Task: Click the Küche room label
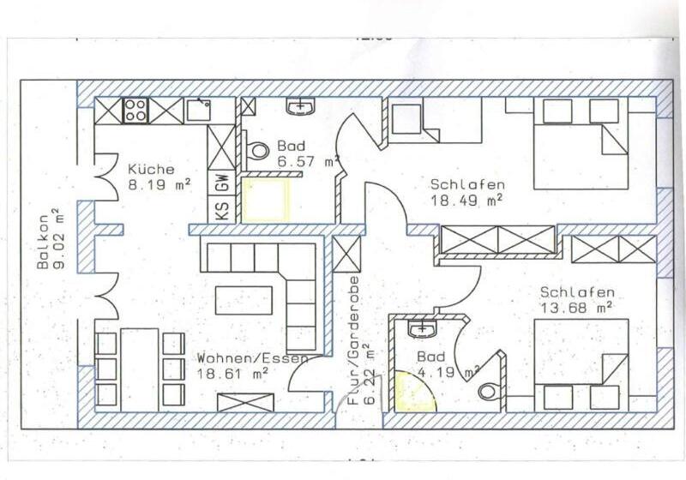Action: point(151,169)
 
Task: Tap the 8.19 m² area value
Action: point(159,183)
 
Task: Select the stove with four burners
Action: point(135,111)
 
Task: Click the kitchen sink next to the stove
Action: point(199,110)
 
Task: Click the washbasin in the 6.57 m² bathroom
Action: point(301,106)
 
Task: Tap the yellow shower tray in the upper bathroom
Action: point(266,200)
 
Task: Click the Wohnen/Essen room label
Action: point(251,359)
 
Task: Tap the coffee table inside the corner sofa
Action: point(244,299)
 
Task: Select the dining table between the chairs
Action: point(139,368)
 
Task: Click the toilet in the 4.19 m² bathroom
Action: point(489,392)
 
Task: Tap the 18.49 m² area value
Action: point(466,201)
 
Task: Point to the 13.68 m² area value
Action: point(575,307)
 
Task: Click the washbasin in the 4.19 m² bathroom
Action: point(421,329)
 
